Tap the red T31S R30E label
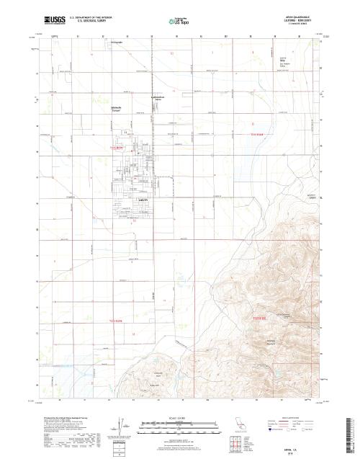pos(258,134)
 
